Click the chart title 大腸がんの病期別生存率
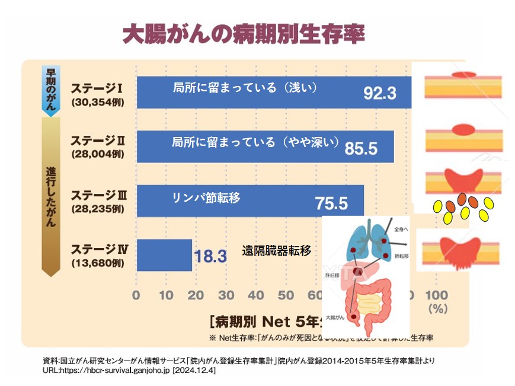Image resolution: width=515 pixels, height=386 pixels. (243, 33)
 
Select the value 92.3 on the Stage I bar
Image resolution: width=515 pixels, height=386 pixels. (379, 92)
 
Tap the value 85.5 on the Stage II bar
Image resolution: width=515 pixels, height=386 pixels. (361, 148)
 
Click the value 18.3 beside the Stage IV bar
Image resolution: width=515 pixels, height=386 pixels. (210, 256)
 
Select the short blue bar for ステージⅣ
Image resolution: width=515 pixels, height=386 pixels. (164, 255)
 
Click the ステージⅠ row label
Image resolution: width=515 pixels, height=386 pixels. (97, 88)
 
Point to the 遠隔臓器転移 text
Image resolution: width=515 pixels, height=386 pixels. (276, 251)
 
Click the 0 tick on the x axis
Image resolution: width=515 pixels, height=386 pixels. (137, 295)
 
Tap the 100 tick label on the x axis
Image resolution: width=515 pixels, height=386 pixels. (436, 295)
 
